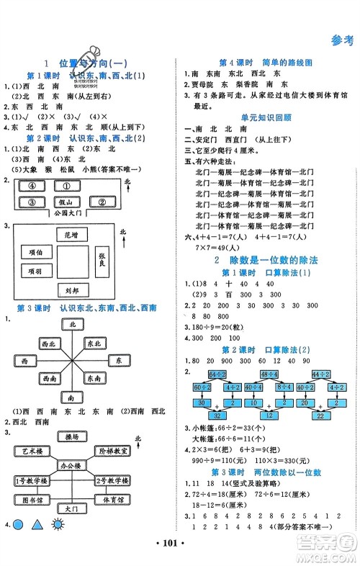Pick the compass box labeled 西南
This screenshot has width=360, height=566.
[50, 377]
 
